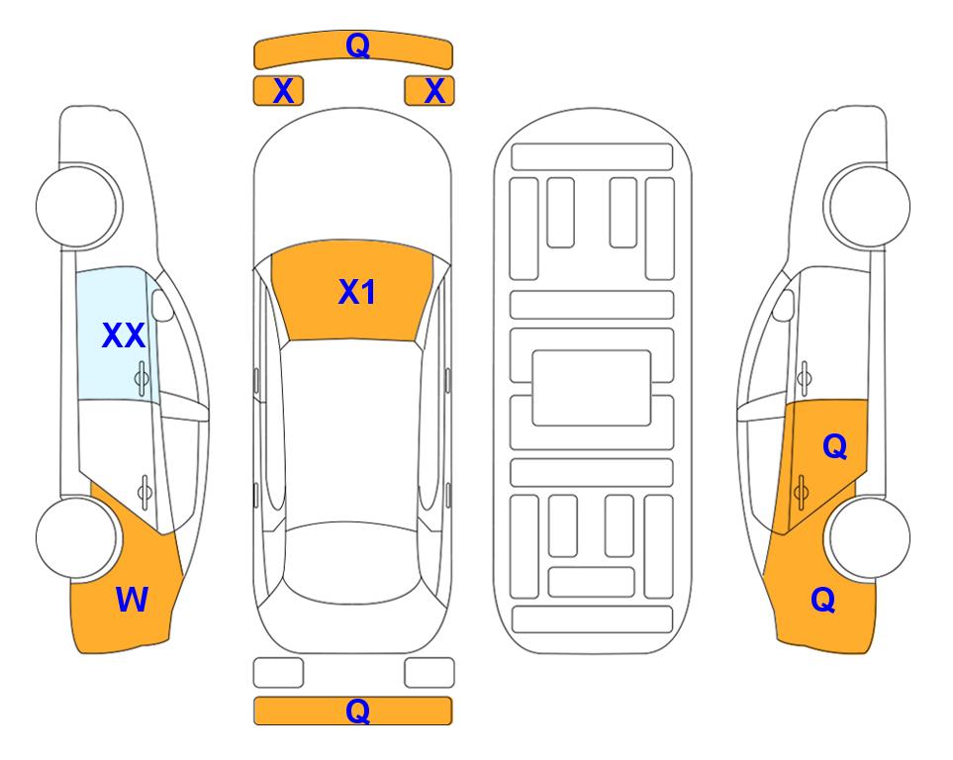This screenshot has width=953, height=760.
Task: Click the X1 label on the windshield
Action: coord(357,292)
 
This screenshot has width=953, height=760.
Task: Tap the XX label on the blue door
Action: coord(124,335)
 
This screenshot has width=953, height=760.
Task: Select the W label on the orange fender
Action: coord(132,600)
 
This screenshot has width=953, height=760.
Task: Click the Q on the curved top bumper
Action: coord(357,45)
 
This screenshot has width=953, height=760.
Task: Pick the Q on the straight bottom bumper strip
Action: coord(357,711)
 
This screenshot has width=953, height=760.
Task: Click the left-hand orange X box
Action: coord(278,91)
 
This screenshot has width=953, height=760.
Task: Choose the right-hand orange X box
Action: coord(429,91)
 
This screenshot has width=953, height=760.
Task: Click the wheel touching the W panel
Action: coord(76,537)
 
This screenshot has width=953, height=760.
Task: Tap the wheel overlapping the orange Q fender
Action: coord(870,537)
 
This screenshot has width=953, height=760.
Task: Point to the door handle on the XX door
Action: coord(142,378)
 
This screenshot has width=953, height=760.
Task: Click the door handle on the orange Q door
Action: coord(801,491)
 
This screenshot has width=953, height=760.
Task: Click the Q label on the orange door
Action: coord(834,446)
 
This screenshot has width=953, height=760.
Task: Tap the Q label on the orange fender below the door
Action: coord(823,600)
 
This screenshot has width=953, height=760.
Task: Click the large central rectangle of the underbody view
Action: coord(592,388)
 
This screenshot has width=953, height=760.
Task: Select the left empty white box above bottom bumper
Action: coord(278,673)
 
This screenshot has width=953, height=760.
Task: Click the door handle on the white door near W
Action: coord(144,491)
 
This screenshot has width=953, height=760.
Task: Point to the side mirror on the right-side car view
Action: coord(784,305)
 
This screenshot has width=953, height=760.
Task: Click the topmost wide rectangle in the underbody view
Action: coord(592,157)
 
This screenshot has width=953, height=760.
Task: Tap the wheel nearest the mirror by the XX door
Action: coord(76,206)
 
